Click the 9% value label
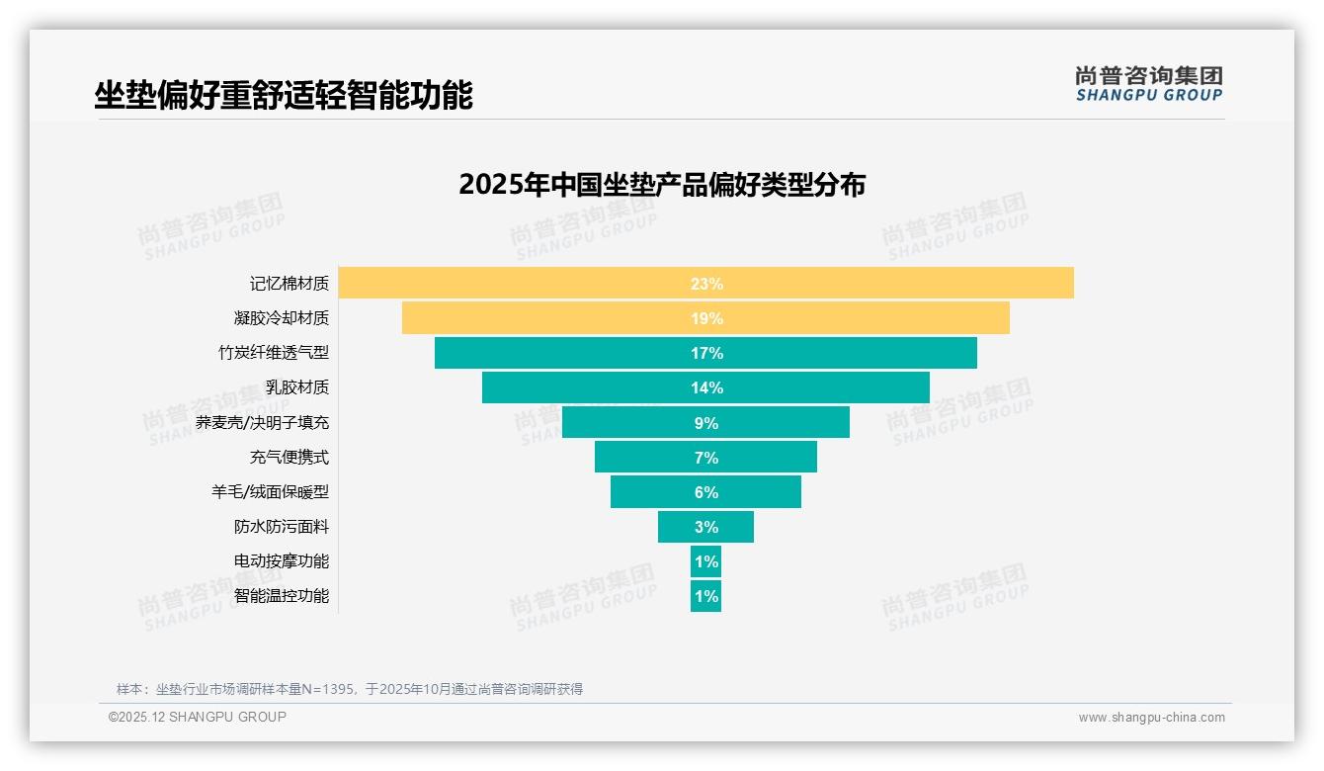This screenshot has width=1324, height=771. (x=705, y=423)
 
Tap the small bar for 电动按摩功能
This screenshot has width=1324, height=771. (x=705, y=561)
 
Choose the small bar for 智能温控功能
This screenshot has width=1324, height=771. (x=705, y=596)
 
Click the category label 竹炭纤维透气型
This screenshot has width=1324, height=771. (x=274, y=353)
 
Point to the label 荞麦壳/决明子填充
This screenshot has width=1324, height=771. (x=262, y=423)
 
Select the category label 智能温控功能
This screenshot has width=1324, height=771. (x=282, y=596)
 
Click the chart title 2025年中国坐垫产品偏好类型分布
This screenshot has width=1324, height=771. (x=662, y=185)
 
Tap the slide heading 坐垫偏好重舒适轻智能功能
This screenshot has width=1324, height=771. (x=284, y=95)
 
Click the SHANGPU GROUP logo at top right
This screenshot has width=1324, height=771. (x=1148, y=84)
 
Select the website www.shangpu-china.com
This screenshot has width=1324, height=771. (x=1151, y=718)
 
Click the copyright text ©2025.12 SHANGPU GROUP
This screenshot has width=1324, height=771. (x=198, y=717)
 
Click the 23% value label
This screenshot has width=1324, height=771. (x=705, y=284)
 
